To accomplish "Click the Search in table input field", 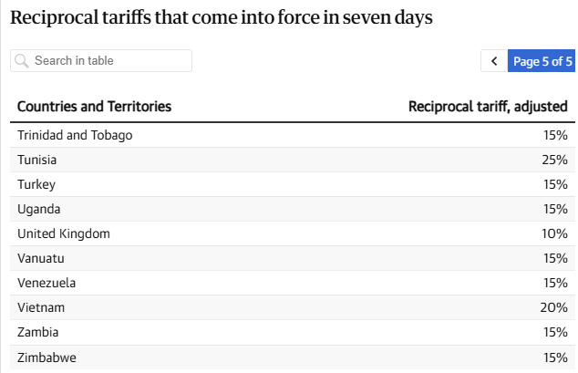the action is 101,61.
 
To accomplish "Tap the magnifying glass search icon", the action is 22,61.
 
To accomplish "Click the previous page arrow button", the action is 494,61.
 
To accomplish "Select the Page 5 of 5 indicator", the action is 542,61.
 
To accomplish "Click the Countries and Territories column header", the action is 95,107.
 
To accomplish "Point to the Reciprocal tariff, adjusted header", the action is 488,107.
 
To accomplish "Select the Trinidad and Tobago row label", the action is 75,135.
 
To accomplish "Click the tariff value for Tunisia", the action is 554,160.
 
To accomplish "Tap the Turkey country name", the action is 36,184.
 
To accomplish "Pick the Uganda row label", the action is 38,210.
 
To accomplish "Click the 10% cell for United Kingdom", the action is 554,233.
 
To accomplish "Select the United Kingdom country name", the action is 64,233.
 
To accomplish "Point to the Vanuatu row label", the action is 41,258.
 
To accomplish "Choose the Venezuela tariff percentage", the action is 555,283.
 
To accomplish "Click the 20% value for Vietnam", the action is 553,307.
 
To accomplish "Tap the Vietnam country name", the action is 41,307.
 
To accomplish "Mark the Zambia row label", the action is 38,333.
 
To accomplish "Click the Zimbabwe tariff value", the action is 555,357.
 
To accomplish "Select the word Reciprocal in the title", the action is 54,18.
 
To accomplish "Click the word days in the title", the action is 413,18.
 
